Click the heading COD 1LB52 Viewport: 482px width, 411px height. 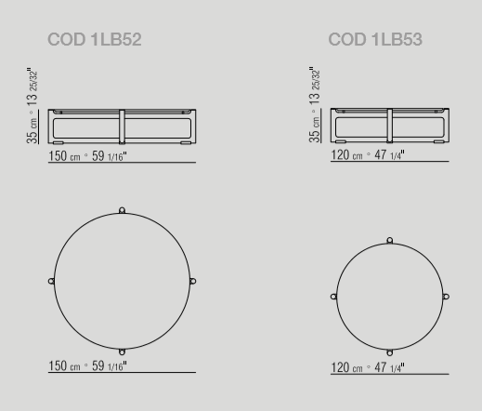95,40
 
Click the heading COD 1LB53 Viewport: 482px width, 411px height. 375,40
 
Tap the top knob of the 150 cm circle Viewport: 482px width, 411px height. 122,210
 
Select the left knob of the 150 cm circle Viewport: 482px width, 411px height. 51,281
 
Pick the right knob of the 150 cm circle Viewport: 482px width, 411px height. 192,281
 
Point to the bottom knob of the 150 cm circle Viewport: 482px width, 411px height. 122,352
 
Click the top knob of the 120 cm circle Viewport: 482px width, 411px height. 390,240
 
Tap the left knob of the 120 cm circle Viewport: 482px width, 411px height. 333,297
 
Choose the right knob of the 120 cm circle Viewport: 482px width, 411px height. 446,297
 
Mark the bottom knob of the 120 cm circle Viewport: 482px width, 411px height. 390,352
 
